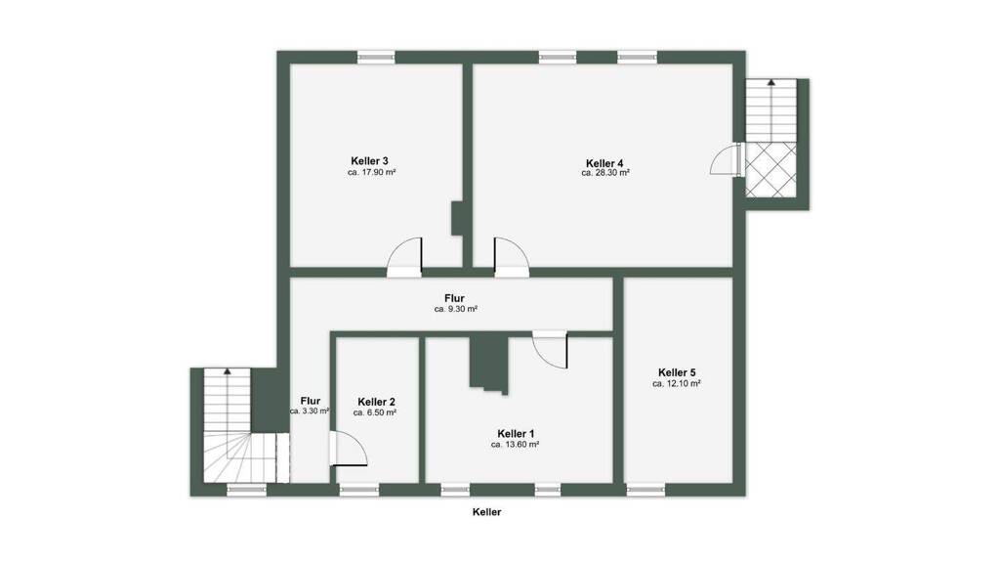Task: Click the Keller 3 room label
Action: point(369,161)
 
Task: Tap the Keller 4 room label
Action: point(604,163)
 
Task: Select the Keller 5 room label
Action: point(677,372)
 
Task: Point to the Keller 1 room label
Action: point(516,434)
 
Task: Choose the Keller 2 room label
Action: point(376,402)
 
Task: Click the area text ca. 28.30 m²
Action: point(605,173)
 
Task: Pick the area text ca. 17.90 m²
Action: point(372,172)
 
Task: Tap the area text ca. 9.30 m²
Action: point(456,309)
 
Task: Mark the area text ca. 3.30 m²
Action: point(310,411)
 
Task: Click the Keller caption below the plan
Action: point(486,512)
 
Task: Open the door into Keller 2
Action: point(349,449)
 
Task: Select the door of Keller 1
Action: point(550,349)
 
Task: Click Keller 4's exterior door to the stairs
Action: point(727,159)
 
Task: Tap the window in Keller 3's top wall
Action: point(376,58)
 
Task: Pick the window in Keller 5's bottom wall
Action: point(646,490)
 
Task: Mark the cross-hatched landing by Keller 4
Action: point(771,169)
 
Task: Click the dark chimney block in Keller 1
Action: point(488,363)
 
